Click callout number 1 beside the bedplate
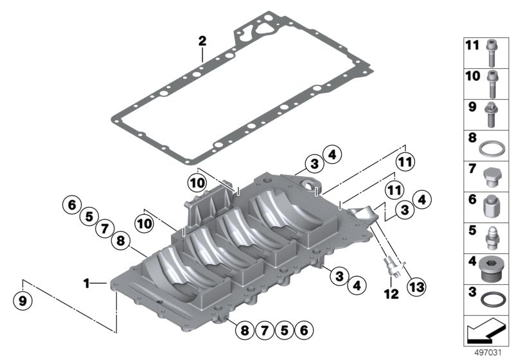pyautogui.click(x=87, y=282)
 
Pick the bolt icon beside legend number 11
pyautogui.click(x=491, y=52)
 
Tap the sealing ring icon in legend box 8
pyautogui.click(x=491, y=147)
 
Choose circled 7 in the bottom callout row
pyautogui.click(x=263, y=331)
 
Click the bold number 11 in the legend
pyautogui.click(x=472, y=44)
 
